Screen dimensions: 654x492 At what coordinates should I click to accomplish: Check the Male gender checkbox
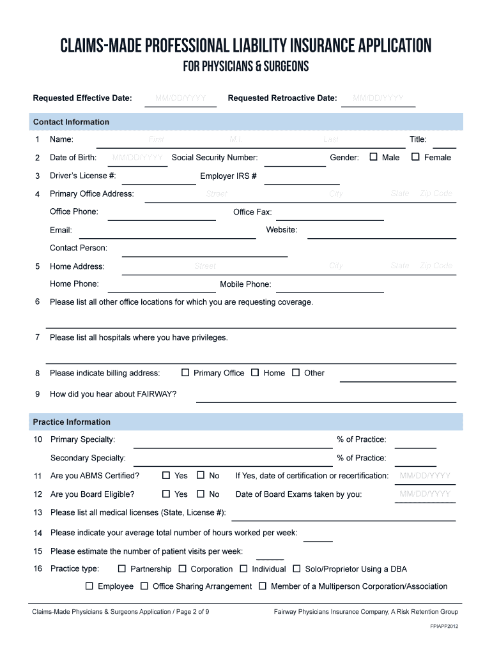pos(374,157)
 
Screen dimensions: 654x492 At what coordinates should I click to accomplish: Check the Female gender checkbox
pos(415,157)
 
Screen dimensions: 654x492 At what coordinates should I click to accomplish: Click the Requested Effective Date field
pos(181,99)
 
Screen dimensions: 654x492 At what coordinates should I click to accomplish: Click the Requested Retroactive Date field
pos(378,99)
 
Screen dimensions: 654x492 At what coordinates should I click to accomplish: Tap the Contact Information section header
pos(72,122)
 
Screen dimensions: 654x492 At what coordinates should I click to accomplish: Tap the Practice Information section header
pos(72,422)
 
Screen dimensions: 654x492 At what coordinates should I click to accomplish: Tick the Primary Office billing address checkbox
pos(185,372)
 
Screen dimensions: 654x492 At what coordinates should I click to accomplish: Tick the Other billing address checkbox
pos(296,372)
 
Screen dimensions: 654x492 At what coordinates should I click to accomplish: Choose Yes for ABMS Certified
pos(166,475)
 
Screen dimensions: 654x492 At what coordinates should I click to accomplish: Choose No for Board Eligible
pos(201,494)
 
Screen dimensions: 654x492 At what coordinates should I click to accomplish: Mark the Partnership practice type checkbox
pos(122,568)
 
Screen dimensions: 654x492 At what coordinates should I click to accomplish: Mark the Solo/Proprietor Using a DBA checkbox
pos(296,568)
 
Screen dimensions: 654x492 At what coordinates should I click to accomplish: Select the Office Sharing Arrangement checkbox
pos(144,586)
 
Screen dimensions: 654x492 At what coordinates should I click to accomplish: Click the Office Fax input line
pos(329,214)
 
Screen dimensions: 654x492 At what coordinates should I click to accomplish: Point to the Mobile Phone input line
pos(329,286)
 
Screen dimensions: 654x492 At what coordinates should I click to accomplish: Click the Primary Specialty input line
pos(233,441)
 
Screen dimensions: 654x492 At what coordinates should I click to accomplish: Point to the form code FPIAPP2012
pos(443,626)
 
